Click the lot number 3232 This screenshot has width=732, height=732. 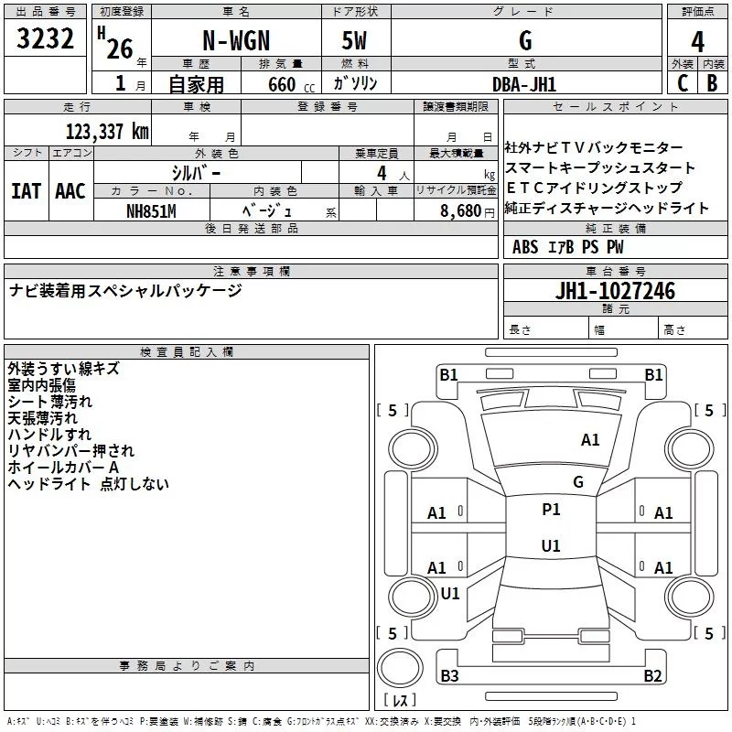[46, 41]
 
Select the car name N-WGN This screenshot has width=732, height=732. [235, 41]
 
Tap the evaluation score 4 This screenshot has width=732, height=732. [698, 42]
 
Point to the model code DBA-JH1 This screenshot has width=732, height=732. [524, 83]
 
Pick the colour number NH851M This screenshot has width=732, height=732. [151, 210]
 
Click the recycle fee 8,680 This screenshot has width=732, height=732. [462, 210]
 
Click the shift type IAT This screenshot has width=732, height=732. [26, 190]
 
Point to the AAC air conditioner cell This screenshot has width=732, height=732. [70, 190]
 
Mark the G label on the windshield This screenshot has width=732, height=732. [578, 481]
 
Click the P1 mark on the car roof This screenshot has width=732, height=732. [551, 510]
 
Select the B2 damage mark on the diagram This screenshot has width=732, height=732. [652, 676]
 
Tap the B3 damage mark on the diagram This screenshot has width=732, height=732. [449, 676]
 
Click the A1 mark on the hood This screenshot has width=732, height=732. [590, 440]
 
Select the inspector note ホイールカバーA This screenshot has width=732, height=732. [63, 468]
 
